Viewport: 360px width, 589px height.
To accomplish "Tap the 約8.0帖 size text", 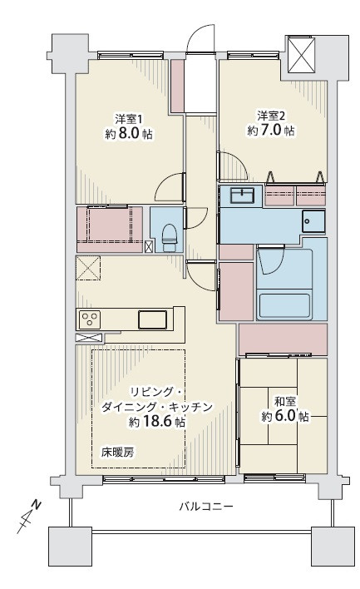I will click(x=129, y=134).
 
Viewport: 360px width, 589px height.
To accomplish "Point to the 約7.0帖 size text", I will click(x=271, y=131).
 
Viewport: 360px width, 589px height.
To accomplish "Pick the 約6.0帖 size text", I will click(x=285, y=416).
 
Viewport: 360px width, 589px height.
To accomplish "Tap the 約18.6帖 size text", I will click(x=158, y=423).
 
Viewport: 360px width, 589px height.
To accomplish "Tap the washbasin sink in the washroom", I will click(x=243, y=196).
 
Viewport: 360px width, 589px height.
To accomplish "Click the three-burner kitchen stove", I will click(x=88, y=319).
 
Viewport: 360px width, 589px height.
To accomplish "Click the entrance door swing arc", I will click(x=202, y=39).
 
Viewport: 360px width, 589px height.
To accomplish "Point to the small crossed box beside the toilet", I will click(x=149, y=246).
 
